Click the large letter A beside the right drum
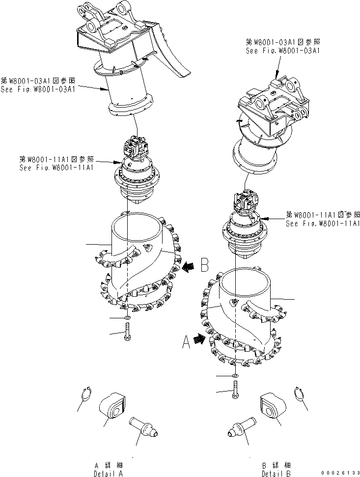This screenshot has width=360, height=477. (186, 341)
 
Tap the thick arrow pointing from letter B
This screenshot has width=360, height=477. (189, 267)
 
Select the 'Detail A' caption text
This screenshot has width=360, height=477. (108, 470)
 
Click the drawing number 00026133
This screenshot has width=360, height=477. (339, 473)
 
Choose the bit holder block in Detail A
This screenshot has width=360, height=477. (112, 405)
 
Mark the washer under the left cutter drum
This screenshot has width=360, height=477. (128, 318)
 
